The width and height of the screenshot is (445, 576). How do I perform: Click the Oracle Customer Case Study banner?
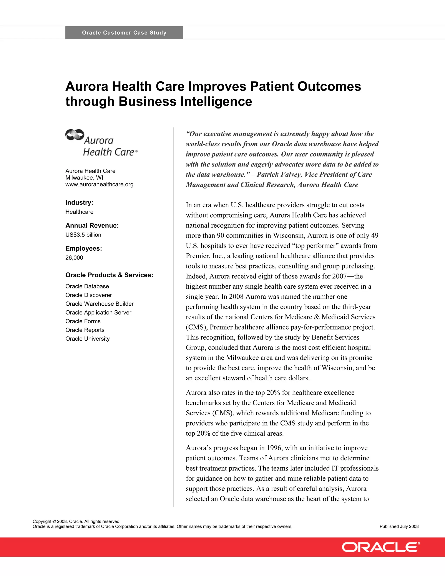coord(124,33)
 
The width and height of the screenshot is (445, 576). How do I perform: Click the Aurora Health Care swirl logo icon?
coord(75,135)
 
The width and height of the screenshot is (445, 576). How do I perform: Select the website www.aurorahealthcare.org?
coord(99,184)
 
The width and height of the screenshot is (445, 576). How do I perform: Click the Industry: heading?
coord(79,203)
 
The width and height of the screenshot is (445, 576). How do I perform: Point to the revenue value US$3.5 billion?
coord(83,235)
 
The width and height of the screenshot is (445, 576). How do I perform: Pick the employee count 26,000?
coord(74,258)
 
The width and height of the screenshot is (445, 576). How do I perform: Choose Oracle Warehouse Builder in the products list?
coord(99,304)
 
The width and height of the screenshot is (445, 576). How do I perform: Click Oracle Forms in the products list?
coord(83,321)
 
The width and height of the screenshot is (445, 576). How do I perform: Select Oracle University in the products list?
coord(88,339)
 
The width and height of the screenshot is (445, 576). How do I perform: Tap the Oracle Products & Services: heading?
coord(109,275)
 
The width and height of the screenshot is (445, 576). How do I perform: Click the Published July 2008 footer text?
coord(399,526)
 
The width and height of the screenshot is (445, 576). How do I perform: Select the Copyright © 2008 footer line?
coord(76,521)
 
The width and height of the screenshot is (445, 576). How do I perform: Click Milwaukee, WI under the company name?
coord(84,178)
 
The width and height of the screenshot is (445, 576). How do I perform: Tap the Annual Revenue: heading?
coord(92,225)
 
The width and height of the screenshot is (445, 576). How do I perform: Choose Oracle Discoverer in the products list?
coord(89,295)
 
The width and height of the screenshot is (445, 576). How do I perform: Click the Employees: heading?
coord(84,248)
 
